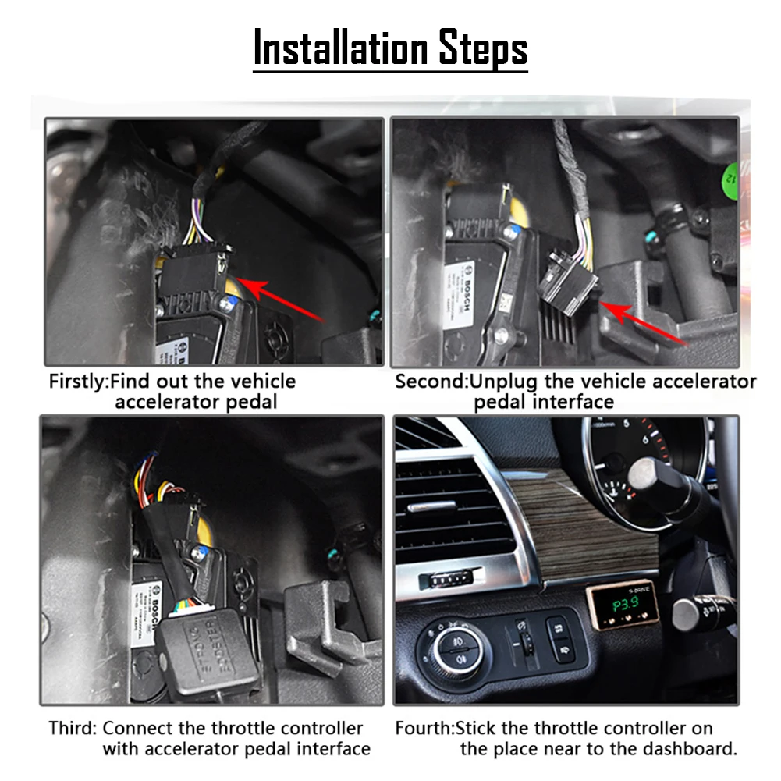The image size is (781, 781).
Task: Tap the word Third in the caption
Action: tap(72, 728)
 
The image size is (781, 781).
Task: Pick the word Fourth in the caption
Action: tap(424, 728)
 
